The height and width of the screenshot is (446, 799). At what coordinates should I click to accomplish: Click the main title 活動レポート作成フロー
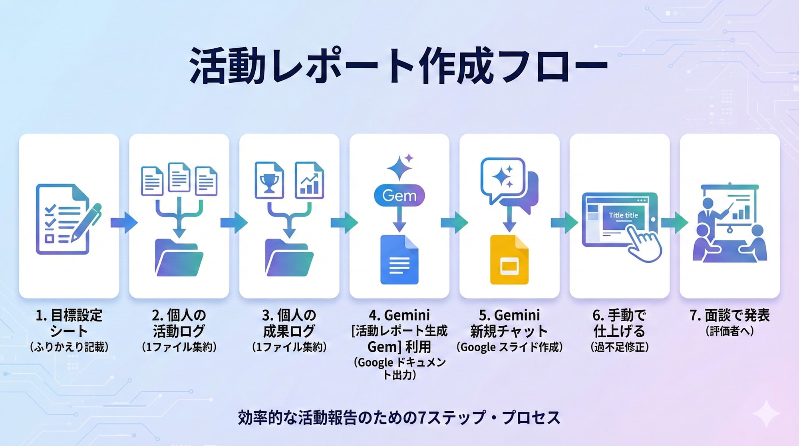click(399, 66)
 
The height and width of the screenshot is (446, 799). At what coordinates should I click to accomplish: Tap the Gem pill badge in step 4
click(399, 195)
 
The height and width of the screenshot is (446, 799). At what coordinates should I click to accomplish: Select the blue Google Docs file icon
click(399, 260)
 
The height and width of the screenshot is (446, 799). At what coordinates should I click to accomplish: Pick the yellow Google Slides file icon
click(509, 260)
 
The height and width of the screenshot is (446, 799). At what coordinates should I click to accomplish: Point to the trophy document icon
click(269, 180)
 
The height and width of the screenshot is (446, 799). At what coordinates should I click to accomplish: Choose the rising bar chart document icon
click(309, 180)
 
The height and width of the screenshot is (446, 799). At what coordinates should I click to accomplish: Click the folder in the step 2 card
click(179, 258)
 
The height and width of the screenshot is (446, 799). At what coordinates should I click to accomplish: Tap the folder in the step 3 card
click(289, 258)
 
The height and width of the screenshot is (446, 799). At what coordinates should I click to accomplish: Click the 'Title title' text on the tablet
click(623, 215)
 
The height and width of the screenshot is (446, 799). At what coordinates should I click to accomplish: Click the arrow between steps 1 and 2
click(124, 223)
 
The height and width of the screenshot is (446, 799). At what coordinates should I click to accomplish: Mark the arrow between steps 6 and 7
click(674, 223)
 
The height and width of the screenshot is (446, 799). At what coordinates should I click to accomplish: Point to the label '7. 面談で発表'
click(729, 315)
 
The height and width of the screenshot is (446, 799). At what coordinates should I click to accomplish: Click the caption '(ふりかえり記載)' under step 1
click(69, 347)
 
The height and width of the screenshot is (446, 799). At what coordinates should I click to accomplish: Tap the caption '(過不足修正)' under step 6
click(620, 347)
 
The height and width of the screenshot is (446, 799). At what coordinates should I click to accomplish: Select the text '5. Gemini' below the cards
click(509, 315)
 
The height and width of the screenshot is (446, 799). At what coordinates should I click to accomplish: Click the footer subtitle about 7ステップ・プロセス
click(399, 418)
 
